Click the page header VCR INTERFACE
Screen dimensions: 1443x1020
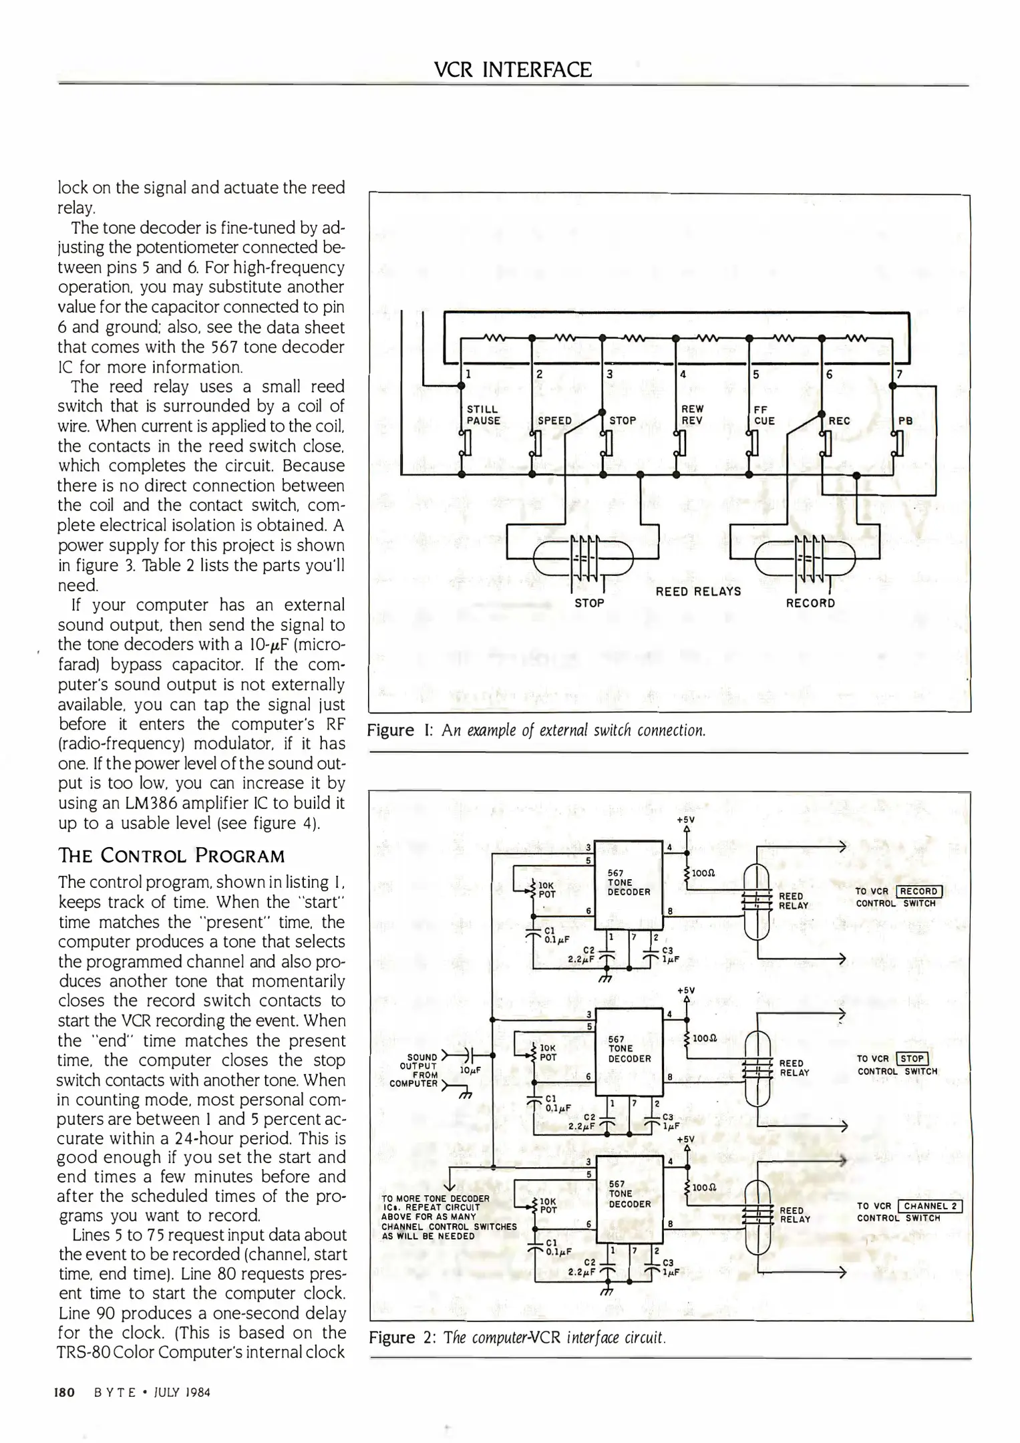512,69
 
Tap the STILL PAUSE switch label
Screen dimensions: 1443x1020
482,415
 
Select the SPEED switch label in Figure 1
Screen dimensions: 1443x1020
554,421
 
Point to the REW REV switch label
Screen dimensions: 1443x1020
692,414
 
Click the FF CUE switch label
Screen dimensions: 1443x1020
764,415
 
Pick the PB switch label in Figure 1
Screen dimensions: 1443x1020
905,421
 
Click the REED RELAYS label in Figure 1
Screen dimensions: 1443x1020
698,591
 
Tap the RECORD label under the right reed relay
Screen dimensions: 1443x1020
810,603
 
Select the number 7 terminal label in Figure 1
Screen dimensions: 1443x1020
900,374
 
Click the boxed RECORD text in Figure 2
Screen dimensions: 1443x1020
919,891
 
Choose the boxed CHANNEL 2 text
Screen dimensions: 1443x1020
930,1206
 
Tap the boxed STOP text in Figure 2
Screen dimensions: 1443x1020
912,1058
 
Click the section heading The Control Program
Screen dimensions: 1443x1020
172,856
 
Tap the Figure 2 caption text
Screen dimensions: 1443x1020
517,1337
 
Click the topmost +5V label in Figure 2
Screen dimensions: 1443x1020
685,820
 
